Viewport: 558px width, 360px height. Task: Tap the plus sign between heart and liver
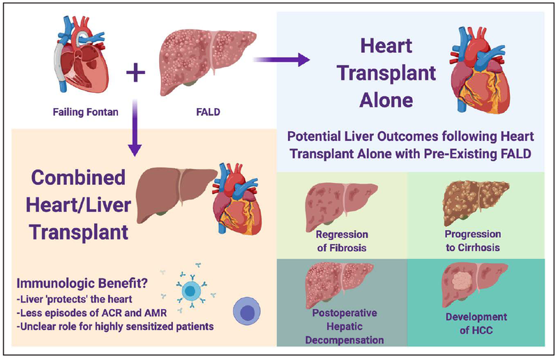137,71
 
